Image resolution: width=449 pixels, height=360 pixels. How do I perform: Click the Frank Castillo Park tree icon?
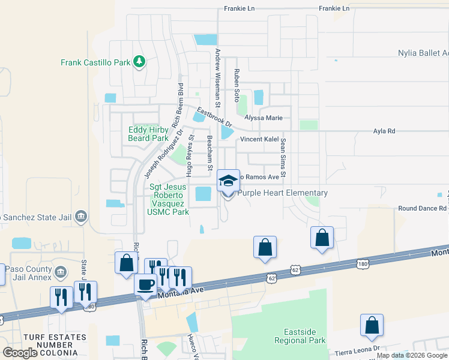139,61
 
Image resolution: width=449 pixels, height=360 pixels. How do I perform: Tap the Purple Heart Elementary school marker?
228,180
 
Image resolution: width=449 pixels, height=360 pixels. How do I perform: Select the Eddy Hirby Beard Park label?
148,134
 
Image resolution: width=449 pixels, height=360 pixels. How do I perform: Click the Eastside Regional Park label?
306,336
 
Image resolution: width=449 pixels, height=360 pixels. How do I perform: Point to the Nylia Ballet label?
423,53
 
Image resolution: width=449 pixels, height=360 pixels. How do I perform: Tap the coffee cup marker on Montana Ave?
145,284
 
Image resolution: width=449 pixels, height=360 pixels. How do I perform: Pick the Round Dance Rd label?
423,209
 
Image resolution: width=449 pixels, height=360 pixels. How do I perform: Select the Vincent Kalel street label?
259,139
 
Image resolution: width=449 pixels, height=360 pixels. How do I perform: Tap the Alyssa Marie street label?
262,118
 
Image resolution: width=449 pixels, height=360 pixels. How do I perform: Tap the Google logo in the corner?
20,353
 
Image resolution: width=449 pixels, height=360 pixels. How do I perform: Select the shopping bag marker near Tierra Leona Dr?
372,325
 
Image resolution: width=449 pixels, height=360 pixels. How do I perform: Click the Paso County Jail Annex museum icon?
60,273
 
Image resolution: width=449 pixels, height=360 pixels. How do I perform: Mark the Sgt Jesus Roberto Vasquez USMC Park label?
170,199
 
